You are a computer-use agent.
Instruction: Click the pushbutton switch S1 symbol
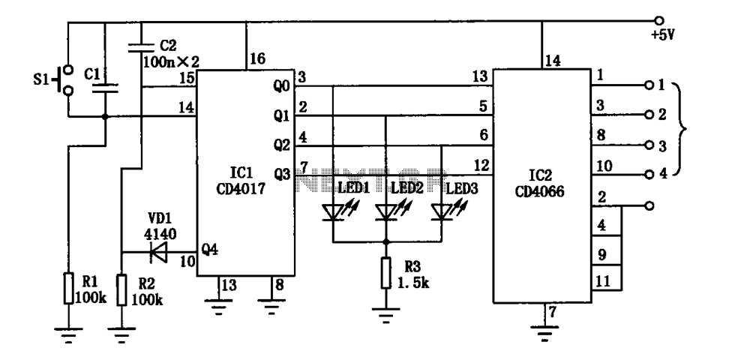(67, 81)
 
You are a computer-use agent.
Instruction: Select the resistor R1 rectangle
(67, 288)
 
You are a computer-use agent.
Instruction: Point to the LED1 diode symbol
(332, 212)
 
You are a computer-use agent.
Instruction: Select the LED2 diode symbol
(385, 212)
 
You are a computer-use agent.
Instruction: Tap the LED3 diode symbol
(441, 212)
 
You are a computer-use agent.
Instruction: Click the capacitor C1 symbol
(105, 88)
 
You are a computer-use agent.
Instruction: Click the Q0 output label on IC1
(282, 86)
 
